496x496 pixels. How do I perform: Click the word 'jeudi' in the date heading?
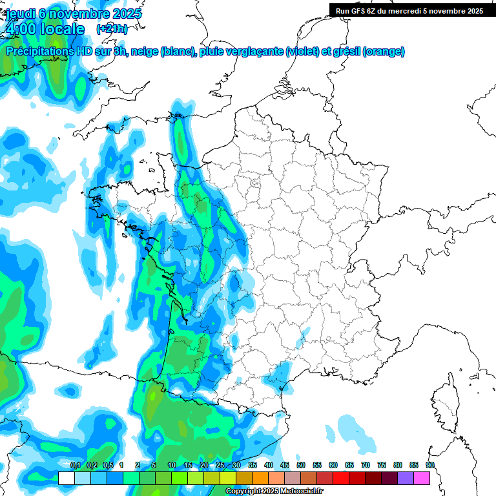click(19, 14)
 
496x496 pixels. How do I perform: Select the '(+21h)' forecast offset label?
click(112, 29)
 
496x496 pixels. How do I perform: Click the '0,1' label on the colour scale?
click(75, 466)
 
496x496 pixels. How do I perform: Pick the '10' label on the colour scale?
click(171, 466)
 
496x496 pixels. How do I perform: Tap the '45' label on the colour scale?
click(284, 466)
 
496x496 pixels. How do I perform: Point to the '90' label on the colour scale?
click(429, 466)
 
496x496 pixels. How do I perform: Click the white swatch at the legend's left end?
click(66, 478)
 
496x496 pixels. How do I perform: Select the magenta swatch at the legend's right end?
click(421, 478)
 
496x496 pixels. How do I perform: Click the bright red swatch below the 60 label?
click(340, 478)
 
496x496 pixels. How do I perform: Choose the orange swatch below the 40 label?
click(260, 478)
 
